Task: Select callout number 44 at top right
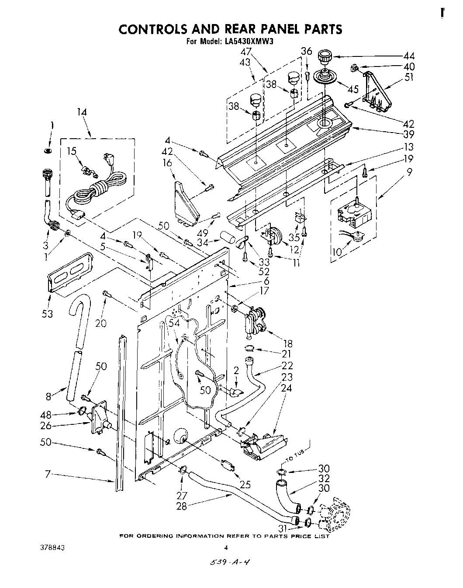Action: [x=409, y=56]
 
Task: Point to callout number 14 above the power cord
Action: [x=82, y=112]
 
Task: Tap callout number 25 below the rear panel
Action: [x=245, y=485]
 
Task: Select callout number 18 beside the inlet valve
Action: [x=287, y=343]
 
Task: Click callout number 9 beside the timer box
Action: [x=409, y=172]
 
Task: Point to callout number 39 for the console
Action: [x=409, y=134]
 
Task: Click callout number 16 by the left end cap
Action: [x=168, y=163]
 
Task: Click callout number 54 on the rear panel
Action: [x=174, y=323]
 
